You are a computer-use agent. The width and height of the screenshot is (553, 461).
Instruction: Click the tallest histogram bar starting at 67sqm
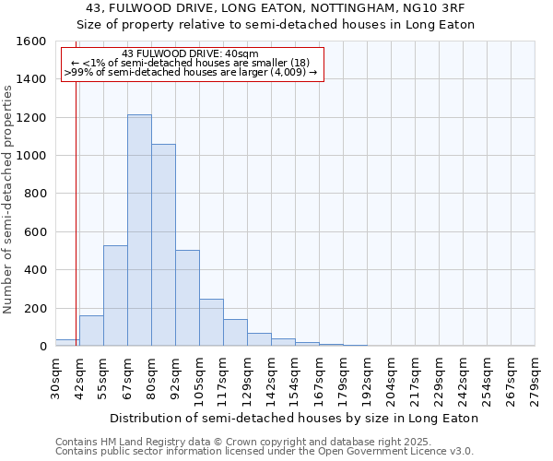pyautogui.click(x=139, y=230)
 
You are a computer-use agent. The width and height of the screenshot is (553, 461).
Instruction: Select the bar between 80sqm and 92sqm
pyautogui.click(x=163, y=245)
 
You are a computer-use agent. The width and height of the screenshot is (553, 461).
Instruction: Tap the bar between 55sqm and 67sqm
pyautogui.click(x=115, y=296)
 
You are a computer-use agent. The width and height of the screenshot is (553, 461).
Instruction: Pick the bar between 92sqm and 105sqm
pyautogui.click(x=187, y=298)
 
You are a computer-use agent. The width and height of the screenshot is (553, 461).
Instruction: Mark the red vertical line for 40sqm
pyautogui.click(x=75, y=203)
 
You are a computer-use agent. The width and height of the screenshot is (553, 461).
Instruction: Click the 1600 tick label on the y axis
pyautogui.click(x=31, y=41)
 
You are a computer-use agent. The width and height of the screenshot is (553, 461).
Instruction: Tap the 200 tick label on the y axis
pyautogui.click(x=35, y=308)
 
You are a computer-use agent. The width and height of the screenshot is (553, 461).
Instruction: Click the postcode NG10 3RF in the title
pyautogui.click(x=435, y=8)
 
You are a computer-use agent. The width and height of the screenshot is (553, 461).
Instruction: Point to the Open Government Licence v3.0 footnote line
pyautogui.click(x=265, y=452)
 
